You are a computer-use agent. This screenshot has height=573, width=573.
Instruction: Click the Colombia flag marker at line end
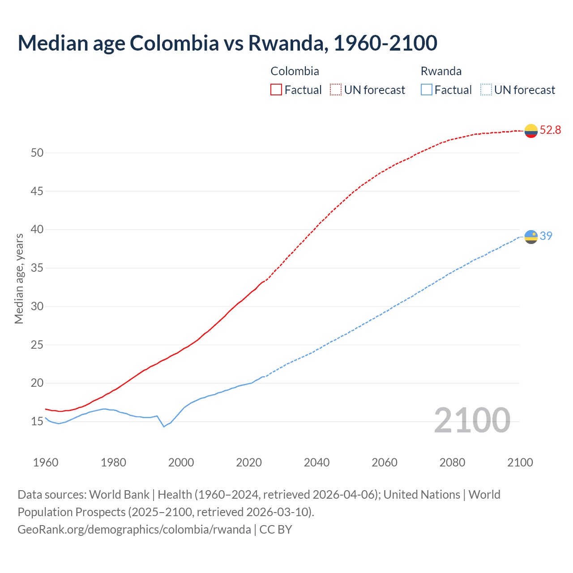click(x=531, y=131)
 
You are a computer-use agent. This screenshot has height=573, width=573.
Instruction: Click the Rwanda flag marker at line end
click(x=531, y=236)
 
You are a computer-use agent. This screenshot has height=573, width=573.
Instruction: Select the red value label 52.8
click(x=550, y=130)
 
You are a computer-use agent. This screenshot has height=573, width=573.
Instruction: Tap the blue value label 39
click(x=546, y=236)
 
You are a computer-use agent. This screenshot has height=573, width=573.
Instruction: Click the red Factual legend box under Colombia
click(x=276, y=90)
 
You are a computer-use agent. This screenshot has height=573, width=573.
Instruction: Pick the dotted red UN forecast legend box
click(x=336, y=90)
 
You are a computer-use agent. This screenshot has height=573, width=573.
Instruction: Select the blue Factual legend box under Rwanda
click(x=427, y=90)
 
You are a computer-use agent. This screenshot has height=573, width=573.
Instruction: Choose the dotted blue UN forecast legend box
click(x=486, y=90)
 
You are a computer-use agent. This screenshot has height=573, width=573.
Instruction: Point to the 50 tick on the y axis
click(x=37, y=153)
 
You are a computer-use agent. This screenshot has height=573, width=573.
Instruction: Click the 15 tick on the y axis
click(x=37, y=422)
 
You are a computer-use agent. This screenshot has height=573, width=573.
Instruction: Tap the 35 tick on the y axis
click(x=37, y=268)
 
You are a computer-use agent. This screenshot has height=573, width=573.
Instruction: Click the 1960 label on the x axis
click(x=46, y=462)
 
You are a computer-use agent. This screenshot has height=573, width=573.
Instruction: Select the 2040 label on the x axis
click(x=316, y=462)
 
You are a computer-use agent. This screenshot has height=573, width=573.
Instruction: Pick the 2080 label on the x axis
click(x=452, y=462)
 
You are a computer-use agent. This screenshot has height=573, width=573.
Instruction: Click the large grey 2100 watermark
click(x=472, y=420)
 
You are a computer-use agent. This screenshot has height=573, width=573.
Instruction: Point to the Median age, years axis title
click(x=19, y=278)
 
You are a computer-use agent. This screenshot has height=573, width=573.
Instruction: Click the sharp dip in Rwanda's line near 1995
click(x=164, y=426)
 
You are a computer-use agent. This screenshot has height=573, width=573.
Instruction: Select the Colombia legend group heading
click(x=295, y=71)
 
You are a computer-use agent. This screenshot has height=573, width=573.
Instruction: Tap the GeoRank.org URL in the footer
click(x=134, y=530)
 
